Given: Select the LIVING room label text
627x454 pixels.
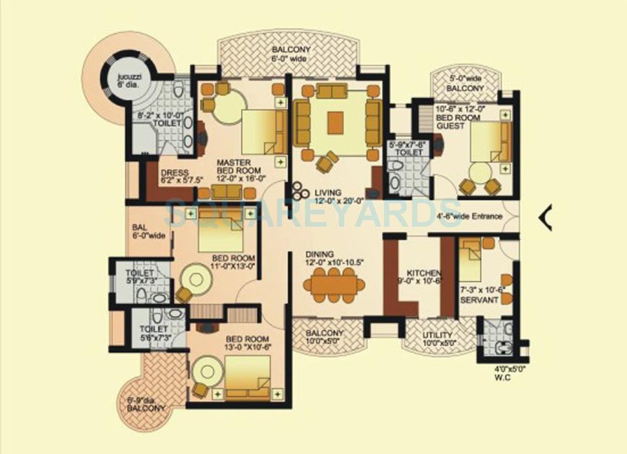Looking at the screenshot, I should tap(328, 193).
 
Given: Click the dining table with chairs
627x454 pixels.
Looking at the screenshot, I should tap(334, 285).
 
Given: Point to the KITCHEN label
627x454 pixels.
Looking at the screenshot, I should tap(424, 273).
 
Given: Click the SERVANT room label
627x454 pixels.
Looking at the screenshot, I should tap(479, 299).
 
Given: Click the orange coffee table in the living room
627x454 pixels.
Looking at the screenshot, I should tap(336, 121).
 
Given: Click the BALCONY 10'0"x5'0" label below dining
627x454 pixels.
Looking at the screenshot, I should tap(324, 337).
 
